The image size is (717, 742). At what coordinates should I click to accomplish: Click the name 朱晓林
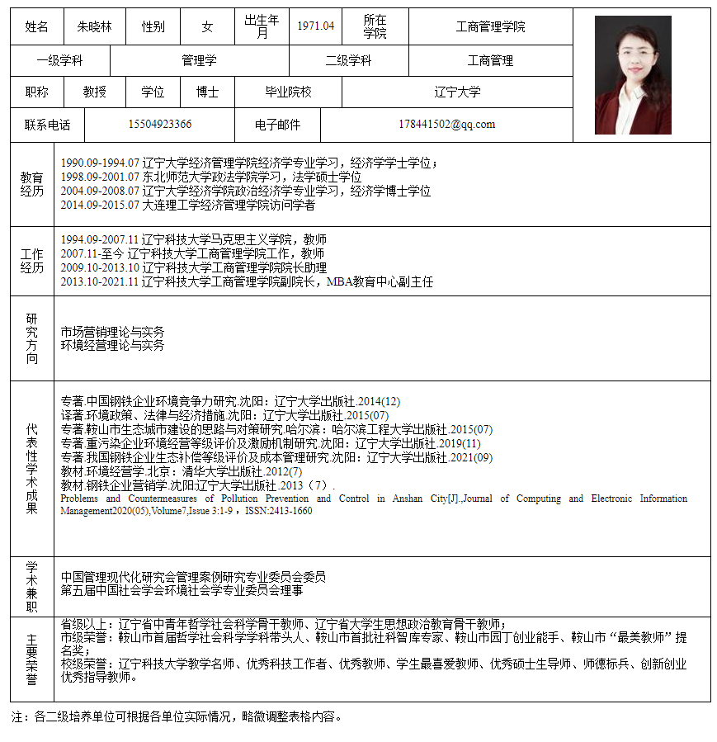pyautogui.click(x=94, y=26)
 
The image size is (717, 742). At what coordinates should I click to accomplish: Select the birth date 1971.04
pyautogui.click(x=316, y=26)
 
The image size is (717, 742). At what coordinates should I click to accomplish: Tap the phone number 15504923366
pyautogui.click(x=160, y=125)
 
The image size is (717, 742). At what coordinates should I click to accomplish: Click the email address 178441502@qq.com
pyautogui.click(x=446, y=125)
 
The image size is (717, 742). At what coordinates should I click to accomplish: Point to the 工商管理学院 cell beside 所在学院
pyautogui.click(x=490, y=26)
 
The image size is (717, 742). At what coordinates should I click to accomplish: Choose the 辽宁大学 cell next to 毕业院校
pyautogui.click(x=457, y=92)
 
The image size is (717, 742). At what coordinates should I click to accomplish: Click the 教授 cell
pyautogui.click(x=95, y=92)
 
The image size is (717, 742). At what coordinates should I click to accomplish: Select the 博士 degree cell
pyautogui.click(x=207, y=92)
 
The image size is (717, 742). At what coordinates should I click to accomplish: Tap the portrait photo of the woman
pyautogui.click(x=633, y=75)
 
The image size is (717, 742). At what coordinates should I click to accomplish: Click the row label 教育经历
pyautogui.click(x=32, y=184)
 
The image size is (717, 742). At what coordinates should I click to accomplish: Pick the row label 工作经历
pyautogui.click(x=32, y=261)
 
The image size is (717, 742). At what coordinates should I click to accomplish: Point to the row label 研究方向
pyautogui.click(x=32, y=338)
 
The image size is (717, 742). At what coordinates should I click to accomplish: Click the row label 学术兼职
pyautogui.click(x=32, y=587)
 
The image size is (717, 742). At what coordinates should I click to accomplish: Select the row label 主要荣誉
pyautogui.click(x=32, y=659)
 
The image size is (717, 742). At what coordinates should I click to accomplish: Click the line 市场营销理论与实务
pyautogui.click(x=112, y=332)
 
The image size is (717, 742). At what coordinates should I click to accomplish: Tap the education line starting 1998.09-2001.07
pyautogui.click(x=211, y=177)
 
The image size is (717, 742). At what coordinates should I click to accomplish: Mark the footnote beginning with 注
pyautogui.click(x=176, y=716)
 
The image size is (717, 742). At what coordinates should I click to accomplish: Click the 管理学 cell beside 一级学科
pyautogui.click(x=199, y=60)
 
